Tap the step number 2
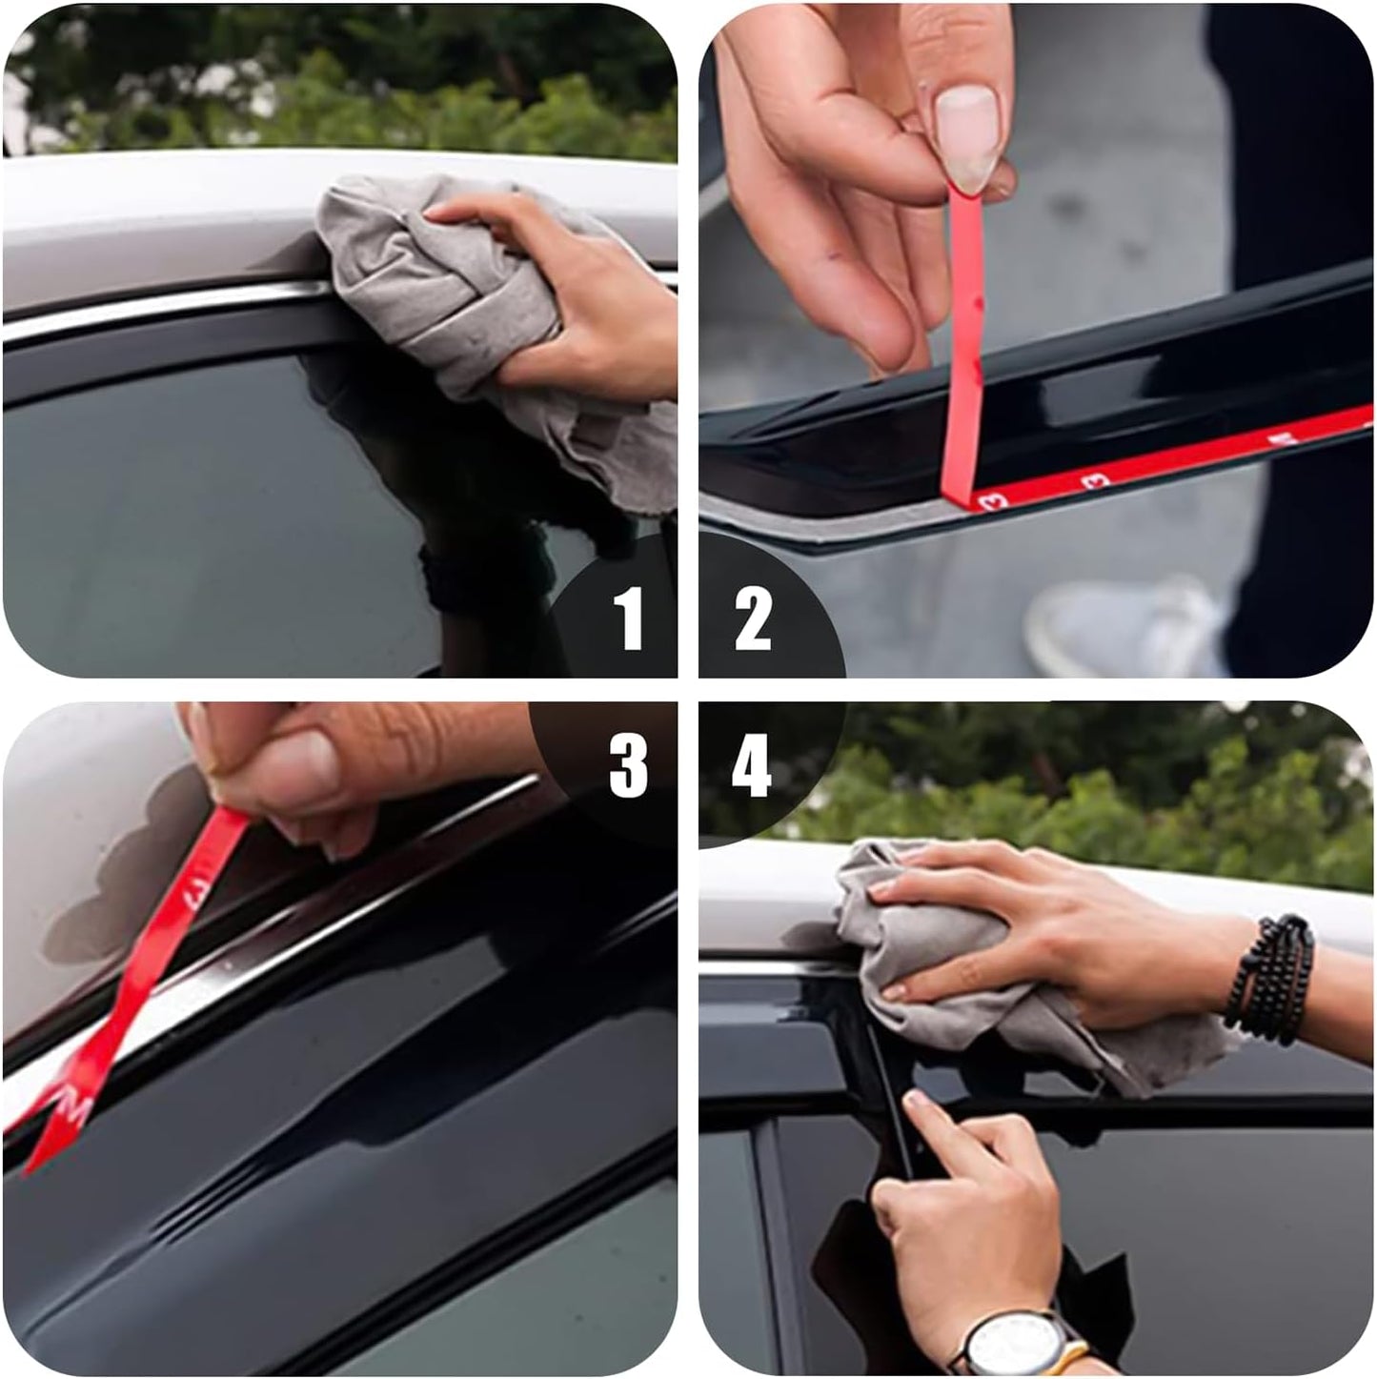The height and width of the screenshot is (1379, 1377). point(752,619)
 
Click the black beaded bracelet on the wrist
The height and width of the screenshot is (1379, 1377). point(1272,977)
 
